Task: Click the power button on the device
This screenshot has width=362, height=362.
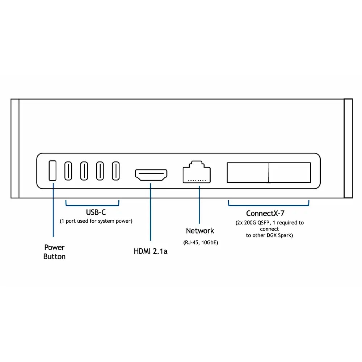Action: coord(52,171)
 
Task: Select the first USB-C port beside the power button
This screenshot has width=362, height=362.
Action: coord(68,171)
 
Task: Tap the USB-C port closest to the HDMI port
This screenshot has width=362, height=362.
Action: coord(116,171)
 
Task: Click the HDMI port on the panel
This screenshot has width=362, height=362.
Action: coord(151,175)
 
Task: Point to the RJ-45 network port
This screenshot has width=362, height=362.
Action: coord(197,172)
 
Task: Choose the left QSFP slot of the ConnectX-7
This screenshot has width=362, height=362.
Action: coord(248,172)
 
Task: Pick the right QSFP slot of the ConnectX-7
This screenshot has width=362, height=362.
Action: coord(290,172)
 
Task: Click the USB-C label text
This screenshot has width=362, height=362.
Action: coord(96,212)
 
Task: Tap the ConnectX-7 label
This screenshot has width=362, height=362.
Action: coord(265,213)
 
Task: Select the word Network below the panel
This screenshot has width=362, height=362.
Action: coord(200,231)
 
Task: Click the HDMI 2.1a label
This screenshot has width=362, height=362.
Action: coord(151,251)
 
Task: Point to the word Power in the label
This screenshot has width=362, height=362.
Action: coord(55,248)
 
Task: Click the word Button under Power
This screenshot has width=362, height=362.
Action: coord(55,257)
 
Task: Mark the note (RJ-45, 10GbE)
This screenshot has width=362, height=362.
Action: coord(201,243)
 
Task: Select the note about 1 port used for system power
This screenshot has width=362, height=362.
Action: coord(96,221)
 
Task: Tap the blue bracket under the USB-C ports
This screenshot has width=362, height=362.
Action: coord(92,205)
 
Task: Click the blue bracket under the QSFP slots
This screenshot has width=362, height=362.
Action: coord(269,205)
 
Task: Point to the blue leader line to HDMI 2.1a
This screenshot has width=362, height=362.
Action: coord(151,212)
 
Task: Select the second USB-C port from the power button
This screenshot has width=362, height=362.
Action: coord(84,171)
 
